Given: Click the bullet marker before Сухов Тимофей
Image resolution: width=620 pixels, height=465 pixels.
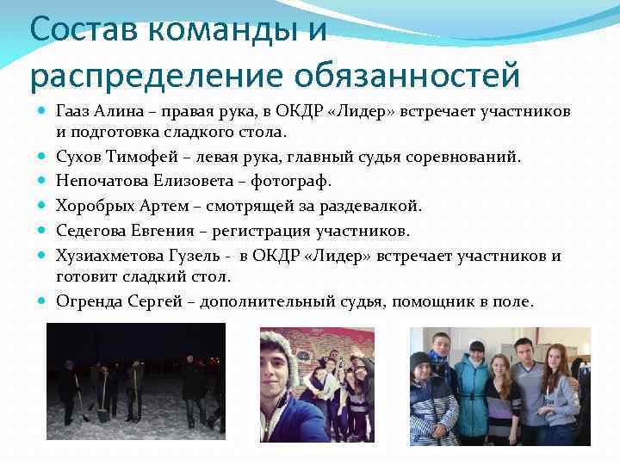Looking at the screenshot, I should pyautogui.click(x=42, y=158).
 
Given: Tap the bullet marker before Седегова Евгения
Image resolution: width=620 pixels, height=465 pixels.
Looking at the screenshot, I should pyautogui.click(x=42, y=230).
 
